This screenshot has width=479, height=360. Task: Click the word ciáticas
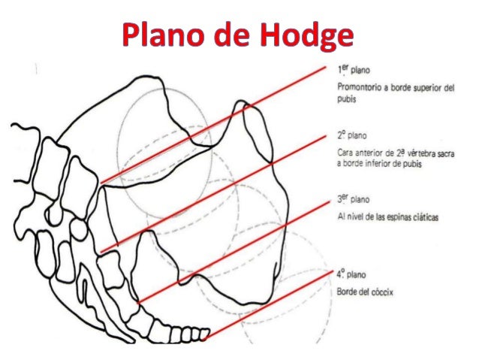pos(422,216)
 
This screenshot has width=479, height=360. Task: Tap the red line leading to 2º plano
pos(218,193)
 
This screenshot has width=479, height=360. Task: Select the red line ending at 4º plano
pos(270,303)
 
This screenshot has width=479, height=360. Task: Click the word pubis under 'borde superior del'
pos(346,98)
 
